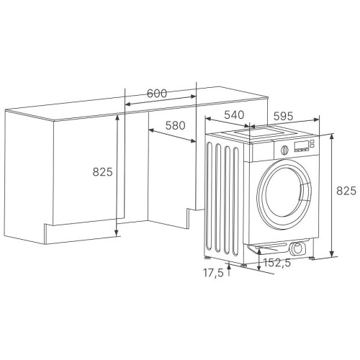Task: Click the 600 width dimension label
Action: [157, 94]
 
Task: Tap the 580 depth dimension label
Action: [176, 125]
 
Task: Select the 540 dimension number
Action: [234, 115]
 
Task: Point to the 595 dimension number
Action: [284, 116]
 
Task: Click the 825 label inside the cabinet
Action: [102, 172]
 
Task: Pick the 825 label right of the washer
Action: [346, 191]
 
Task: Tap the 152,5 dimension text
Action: [277, 263]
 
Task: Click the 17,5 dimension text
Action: [213, 273]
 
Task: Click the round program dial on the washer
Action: [284, 150]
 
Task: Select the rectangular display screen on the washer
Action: [302, 145]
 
